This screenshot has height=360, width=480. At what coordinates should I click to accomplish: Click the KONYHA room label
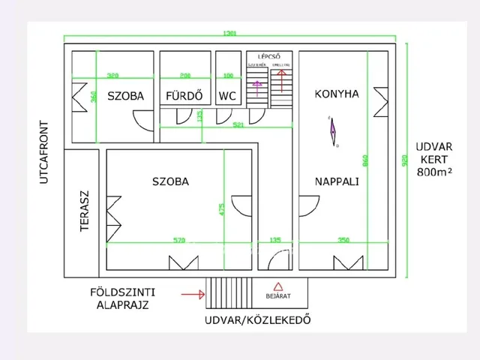click(336, 94)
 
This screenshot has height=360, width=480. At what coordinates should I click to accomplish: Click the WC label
click(228, 96)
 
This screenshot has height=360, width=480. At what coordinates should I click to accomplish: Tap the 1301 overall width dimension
click(231, 34)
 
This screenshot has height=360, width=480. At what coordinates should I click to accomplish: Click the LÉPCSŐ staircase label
click(268, 56)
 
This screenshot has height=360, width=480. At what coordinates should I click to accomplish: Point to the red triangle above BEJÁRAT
click(278, 286)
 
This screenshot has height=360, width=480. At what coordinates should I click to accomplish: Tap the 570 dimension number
click(178, 241)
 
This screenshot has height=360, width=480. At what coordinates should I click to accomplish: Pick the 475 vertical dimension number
click(221, 208)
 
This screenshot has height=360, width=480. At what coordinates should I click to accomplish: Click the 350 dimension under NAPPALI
click(344, 241)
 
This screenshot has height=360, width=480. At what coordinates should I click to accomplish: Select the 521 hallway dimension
click(238, 124)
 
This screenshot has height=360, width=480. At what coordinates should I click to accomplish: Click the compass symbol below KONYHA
click(332, 131)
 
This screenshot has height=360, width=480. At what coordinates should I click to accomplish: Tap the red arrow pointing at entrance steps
click(193, 295)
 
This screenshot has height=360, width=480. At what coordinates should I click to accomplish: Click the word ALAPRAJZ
click(123, 305)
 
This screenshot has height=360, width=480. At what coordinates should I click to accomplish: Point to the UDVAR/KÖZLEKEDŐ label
click(257, 320)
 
